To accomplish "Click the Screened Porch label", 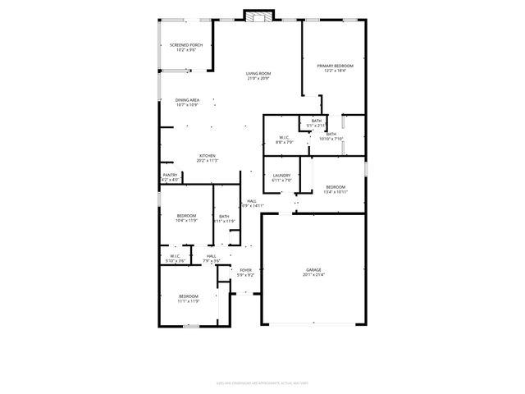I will (186, 44).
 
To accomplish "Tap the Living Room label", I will (258, 74).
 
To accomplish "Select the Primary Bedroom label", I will (336, 65).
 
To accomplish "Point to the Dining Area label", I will (187, 100).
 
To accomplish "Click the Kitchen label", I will (208, 156).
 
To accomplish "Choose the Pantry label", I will (170, 175).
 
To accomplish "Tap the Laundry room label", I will (282, 175).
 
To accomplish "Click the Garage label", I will (313, 270).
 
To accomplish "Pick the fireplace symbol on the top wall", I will (258, 16).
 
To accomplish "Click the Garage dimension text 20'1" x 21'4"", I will (313, 275).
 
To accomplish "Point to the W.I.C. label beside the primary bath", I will (285, 137).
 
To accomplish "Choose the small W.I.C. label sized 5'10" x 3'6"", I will (176, 261).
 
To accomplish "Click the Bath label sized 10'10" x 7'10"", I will (331, 136).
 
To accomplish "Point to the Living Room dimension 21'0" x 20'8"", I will (258, 79).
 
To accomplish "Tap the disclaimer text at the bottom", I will (262, 382).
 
